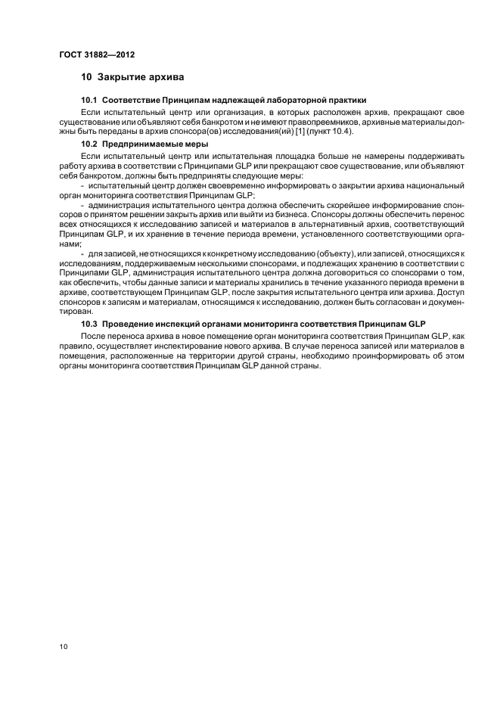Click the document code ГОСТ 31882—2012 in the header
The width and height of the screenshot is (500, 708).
tap(96, 54)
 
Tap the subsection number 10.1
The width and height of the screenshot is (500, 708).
tap(89, 100)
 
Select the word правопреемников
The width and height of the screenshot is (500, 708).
tap(312, 120)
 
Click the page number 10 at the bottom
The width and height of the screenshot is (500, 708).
tap(63, 647)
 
